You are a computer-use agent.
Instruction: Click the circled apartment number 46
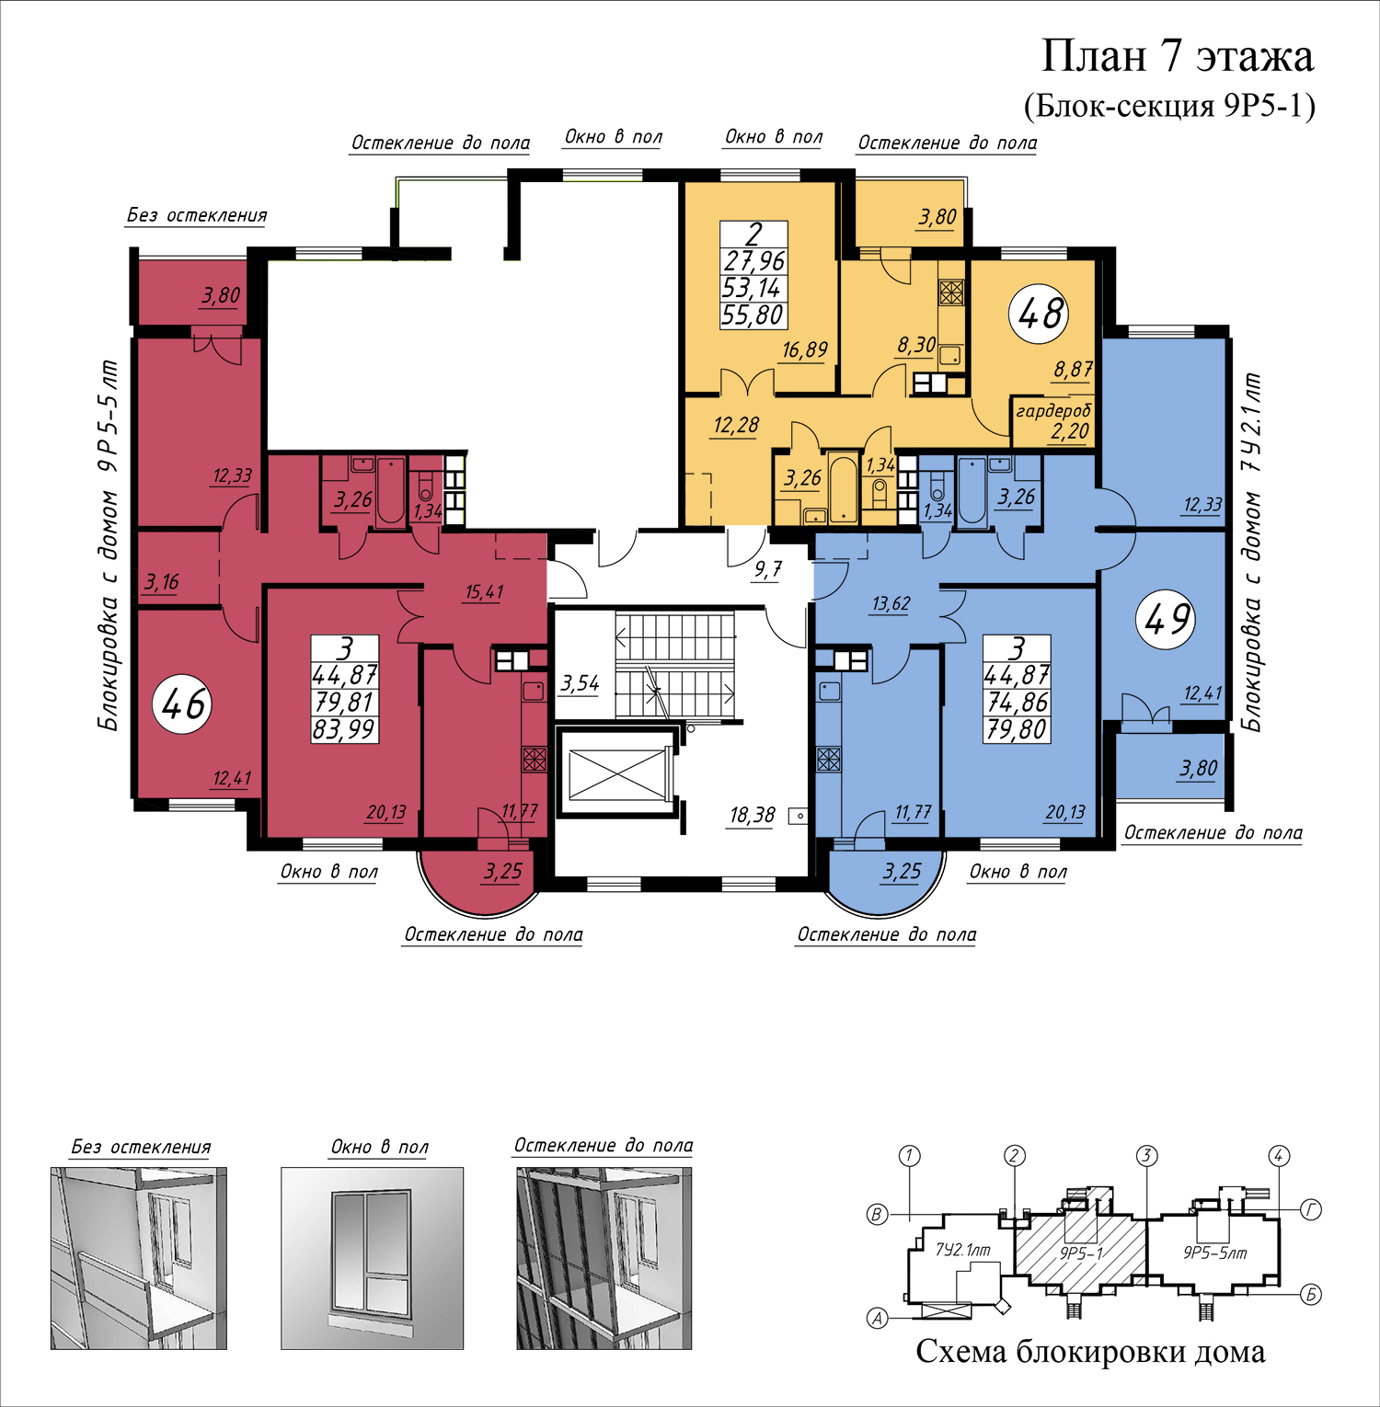[x=183, y=704]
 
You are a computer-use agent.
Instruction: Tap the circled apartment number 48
[x=1040, y=314]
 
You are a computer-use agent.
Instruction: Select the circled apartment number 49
[x=1167, y=619]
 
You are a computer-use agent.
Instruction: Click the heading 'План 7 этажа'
[x=1177, y=57]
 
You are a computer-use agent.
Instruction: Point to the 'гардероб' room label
[x=1052, y=411]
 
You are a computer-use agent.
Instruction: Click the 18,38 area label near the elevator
[x=752, y=815]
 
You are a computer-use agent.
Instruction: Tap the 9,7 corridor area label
[x=767, y=569]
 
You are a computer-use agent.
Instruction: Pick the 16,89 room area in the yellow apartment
[x=805, y=349]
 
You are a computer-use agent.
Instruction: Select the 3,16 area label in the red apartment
[x=162, y=582]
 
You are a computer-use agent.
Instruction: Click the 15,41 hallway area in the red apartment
[x=484, y=591]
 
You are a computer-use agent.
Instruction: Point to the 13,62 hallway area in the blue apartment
[x=891, y=603]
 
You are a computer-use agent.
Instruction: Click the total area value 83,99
[x=344, y=729]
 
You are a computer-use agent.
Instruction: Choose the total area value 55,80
[x=753, y=315]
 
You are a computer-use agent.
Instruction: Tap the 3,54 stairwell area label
[x=580, y=683]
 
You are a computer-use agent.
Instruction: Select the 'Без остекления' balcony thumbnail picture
[x=139, y=1258]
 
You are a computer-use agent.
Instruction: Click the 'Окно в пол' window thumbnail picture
[x=372, y=1258]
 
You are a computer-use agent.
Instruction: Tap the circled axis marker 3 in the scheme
[x=1146, y=1156]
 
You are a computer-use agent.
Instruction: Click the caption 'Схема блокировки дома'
[x=1090, y=1352]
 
